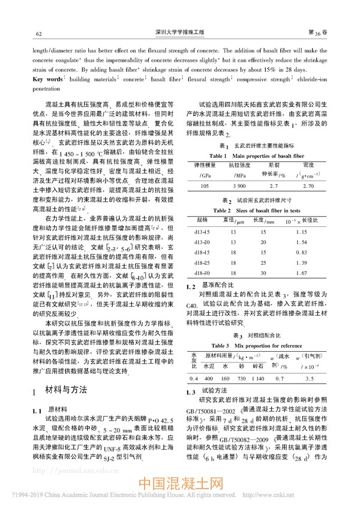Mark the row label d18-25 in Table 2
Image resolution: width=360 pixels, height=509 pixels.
point(202,264)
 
